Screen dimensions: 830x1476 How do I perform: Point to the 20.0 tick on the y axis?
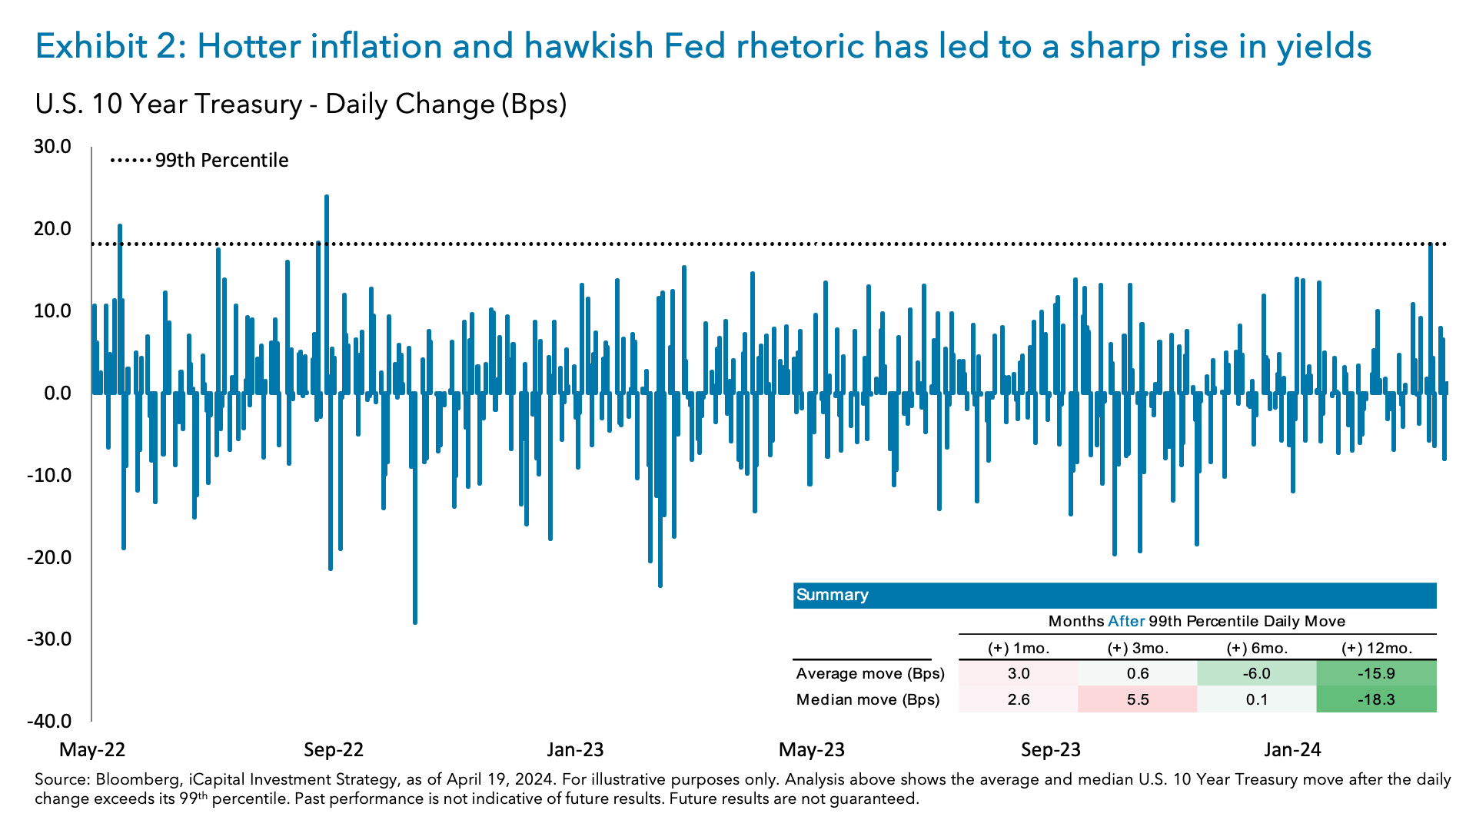click(x=52, y=229)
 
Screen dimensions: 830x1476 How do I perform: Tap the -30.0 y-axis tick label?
click(x=48, y=639)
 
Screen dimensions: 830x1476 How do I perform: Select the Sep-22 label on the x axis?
click(x=334, y=750)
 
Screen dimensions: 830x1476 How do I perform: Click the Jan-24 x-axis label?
click(x=1292, y=750)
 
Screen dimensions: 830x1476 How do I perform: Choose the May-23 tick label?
click(x=812, y=750)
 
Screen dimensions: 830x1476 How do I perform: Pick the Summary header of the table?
click(x=833, y=595)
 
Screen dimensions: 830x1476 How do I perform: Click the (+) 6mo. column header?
click(x=1257, y=648)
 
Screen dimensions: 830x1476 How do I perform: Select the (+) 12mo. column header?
click(x=1376, y=648)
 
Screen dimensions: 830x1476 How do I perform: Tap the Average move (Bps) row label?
click(x=870, y=674)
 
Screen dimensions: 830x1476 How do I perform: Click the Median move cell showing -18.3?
click(x=1376, y=700)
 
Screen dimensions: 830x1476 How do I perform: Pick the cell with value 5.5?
click(x=1138, y=700)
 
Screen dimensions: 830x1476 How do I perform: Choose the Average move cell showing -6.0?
click(x=1257, y=674)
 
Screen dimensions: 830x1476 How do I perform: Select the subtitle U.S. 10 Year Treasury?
click(x=168, y=104)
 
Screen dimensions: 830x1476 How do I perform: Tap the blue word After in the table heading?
click(x=1126, y=621)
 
